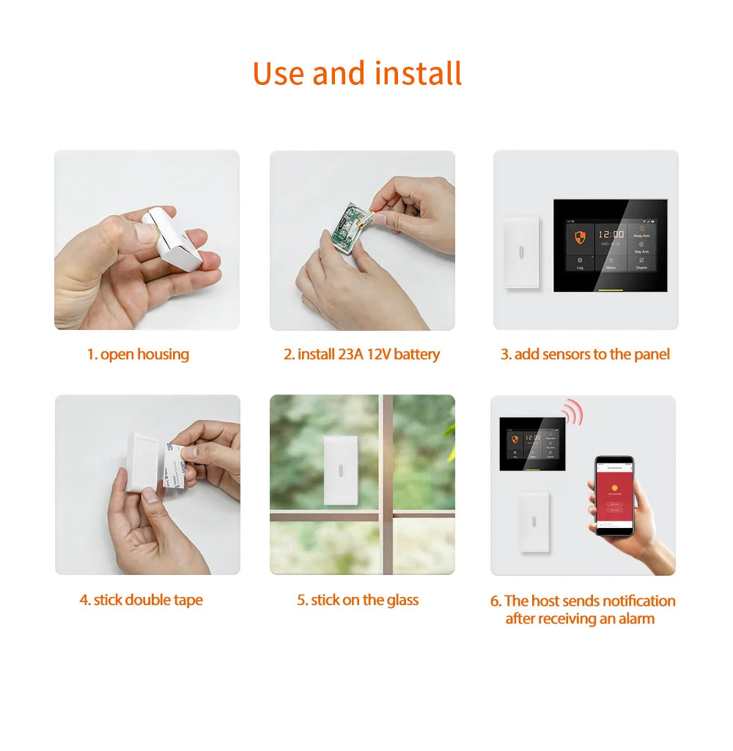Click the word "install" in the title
pos(418,74)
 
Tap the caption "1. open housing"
pos(138,354)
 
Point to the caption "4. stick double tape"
pos(141,600)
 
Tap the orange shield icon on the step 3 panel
pos(580,238)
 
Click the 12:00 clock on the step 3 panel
pos(611,235)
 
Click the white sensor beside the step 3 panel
pos(521,252)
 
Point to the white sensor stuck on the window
pos(341,470)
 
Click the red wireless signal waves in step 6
pos(573,413)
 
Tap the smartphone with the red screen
pos(614,496)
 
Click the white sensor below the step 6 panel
pos(533,521)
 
